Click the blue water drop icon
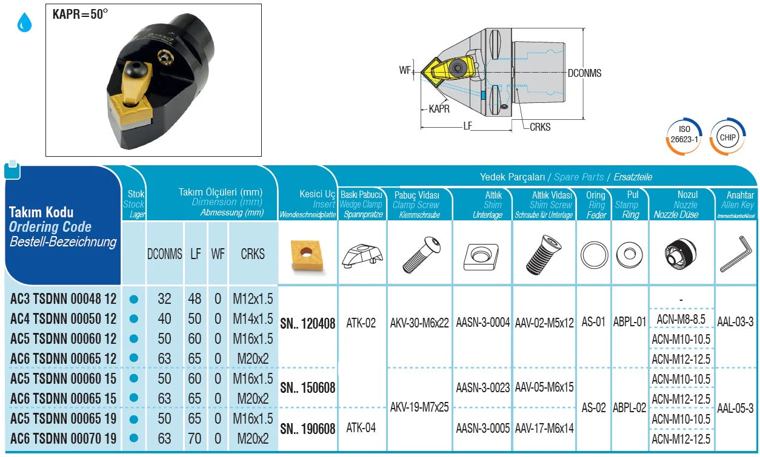24,24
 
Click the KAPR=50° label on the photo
80,14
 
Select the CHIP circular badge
727,137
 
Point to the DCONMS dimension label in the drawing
584,73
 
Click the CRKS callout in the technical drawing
540,127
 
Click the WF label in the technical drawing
405,70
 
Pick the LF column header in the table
195,254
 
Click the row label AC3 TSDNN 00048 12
63,299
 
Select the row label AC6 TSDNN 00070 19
63,438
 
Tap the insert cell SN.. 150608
307,387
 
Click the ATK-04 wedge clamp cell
361,427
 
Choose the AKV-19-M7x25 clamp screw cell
420,407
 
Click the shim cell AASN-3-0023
482,387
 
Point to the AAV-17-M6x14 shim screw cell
544,428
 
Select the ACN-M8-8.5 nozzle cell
681,319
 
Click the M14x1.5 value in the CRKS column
253,319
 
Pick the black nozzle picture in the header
681,254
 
